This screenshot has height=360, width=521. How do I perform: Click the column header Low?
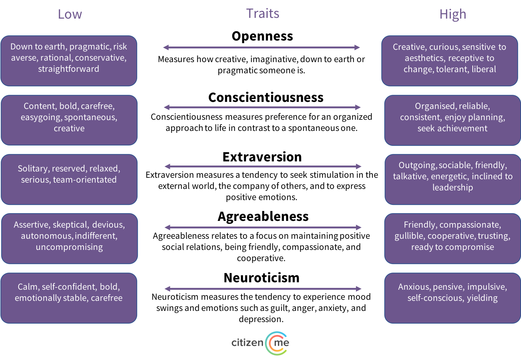pos(70,14)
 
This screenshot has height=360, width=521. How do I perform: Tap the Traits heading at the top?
pos(263,13)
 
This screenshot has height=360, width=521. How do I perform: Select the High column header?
pos(453,14)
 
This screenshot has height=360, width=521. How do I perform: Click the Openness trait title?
pos(262,36)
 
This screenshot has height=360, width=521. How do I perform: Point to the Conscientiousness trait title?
pos(266,97)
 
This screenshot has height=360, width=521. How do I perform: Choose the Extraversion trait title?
pos(262,157)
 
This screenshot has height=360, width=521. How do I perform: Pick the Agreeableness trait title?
pos(263,217)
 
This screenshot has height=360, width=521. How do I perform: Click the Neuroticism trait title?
pos(262,277)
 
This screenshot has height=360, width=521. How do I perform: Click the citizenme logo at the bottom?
pos(260,343)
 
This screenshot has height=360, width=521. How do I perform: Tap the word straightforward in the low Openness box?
pos(69,69)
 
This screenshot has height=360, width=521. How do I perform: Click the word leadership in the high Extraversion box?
pos(453,187)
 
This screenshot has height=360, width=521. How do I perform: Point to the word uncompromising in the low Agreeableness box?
pos(69,247)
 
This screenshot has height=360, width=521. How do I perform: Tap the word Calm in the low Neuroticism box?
pos(27,287)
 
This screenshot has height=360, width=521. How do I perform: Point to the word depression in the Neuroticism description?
pos(261,319)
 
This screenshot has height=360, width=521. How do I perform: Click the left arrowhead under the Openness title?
pos(166,48)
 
